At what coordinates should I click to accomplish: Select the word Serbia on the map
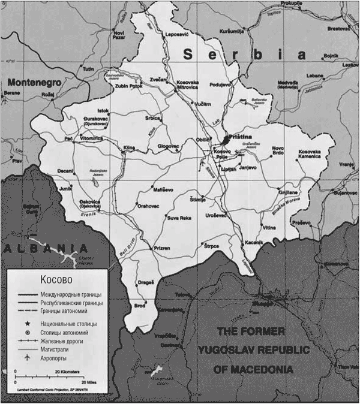point(240,55)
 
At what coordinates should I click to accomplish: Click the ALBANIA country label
point(45,248)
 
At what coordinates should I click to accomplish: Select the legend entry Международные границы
point(71,295)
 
